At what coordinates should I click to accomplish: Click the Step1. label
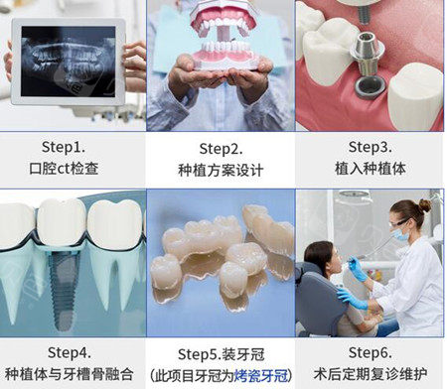tap(64, 147)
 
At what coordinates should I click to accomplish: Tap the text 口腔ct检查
tap(64, 168)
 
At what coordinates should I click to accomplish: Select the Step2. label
tap(221, 149)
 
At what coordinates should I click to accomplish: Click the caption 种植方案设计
tap(221, 171)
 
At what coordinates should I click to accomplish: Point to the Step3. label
tap(371, 147)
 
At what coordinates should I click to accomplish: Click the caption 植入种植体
tap(371, 168)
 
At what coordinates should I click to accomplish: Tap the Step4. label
tap(70, 352)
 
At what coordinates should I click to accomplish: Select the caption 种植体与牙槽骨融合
tap(70, 374)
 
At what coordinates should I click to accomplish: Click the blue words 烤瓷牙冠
tap(261, 376)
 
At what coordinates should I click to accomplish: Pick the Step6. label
tap(371, 352)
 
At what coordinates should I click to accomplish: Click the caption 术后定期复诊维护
tap(371, 374)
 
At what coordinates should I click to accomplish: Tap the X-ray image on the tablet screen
tap(69, 62)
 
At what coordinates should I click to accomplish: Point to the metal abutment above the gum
tap(367, 53)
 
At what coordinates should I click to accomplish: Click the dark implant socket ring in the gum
tap(371, 88)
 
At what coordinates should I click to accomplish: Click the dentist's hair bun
tap(425, 205)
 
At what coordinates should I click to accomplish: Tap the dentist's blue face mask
tap(400, 234)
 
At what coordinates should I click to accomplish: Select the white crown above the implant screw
tap(62, 221)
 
